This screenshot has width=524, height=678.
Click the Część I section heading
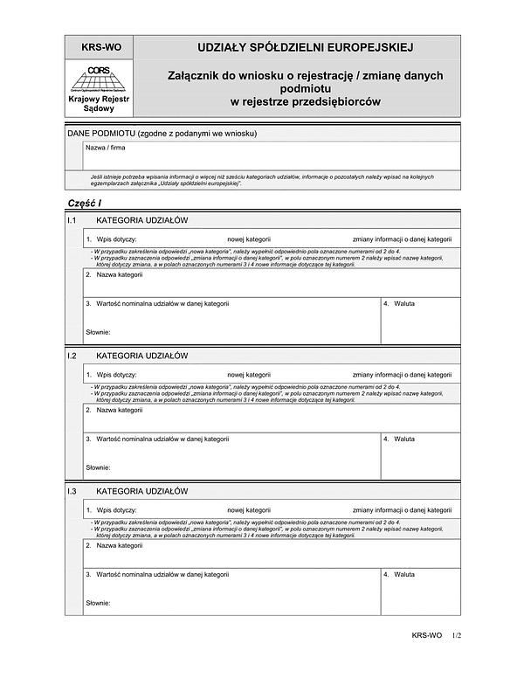[x=85, y=203]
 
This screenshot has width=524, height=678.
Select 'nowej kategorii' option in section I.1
[x=249, y=239]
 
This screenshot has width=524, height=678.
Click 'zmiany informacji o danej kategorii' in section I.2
[x=403, y=374]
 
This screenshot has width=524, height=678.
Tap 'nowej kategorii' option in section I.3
[x=249, y=509]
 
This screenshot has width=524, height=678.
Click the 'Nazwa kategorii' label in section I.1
[x=118, y=273]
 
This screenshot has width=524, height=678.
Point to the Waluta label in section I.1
[x=403, y=303]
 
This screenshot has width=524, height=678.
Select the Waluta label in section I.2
[x=403, y=439]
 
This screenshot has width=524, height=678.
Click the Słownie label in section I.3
[x=98, y=603]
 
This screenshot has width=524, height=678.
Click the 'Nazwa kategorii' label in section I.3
[x=118, y=545]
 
